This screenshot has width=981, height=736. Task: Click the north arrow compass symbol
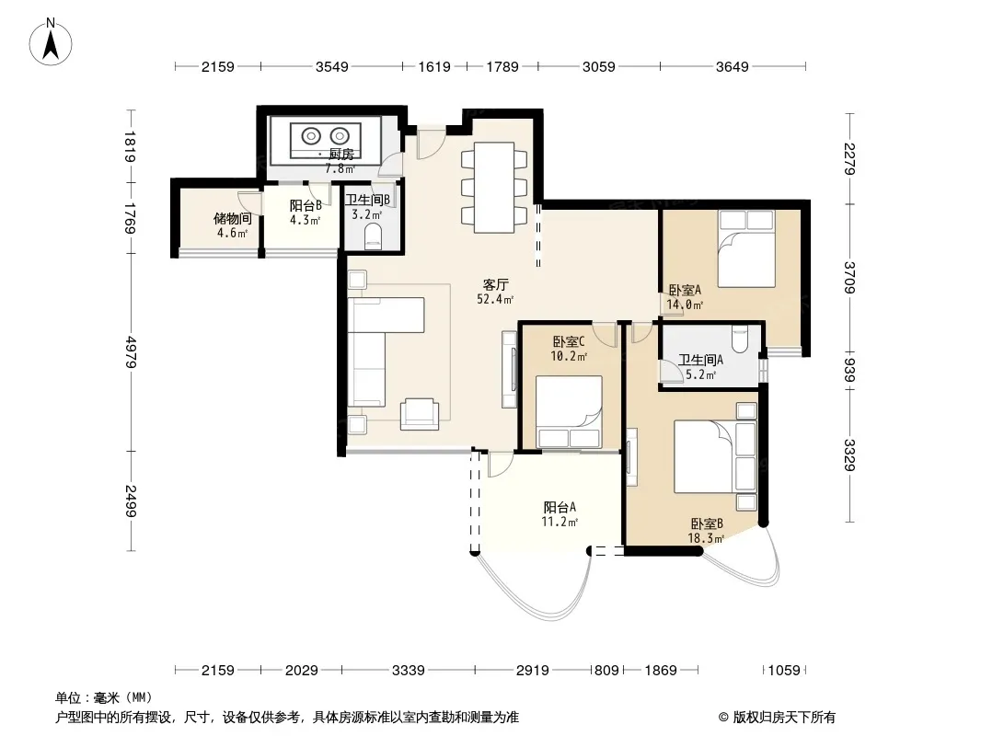point(51,42)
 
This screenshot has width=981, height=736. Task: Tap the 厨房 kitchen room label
point(341,155)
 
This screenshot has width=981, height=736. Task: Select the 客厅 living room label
point(495,285)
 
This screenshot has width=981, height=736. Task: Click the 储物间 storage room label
point(232,218)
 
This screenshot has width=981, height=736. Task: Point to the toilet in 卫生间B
point(373,238)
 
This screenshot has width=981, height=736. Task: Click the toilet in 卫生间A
point(739,337)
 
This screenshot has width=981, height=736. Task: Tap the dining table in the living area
point(493,188)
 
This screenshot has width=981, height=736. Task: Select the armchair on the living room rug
point(419,414)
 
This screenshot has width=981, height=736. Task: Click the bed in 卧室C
point(569,412)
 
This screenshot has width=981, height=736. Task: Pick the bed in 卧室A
point(746,249)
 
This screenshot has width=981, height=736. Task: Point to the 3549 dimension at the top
point(331,66)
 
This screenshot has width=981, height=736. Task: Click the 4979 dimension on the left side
point(131,351)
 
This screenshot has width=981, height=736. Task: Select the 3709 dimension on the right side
point(849,277)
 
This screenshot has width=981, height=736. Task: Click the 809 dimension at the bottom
point(606,671)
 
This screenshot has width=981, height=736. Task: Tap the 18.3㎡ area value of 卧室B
point(706,538)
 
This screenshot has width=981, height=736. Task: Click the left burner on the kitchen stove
point(311,135)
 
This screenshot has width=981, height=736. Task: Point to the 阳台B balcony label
point(306,206)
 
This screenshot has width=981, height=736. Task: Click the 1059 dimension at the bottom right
point(784,671)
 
